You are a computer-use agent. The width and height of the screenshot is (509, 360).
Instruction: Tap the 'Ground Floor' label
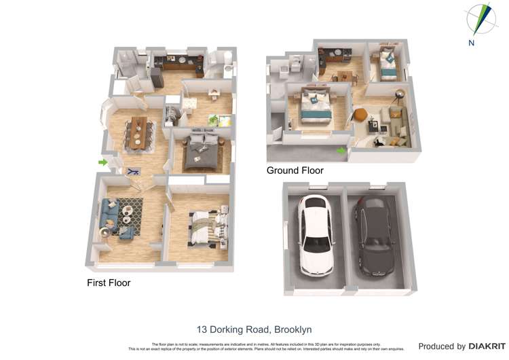(x=295, y=170)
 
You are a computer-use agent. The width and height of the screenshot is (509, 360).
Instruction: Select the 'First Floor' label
(x=109, y=283)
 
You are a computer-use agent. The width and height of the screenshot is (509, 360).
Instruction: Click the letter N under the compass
(x=471, y=42)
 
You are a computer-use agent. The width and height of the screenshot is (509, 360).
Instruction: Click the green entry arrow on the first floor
(x=102, y=162)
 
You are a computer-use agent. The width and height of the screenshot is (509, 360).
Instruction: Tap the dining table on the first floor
(x=138, y=131)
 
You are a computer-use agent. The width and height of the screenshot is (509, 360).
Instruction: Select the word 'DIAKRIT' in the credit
(x=485, y=346)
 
